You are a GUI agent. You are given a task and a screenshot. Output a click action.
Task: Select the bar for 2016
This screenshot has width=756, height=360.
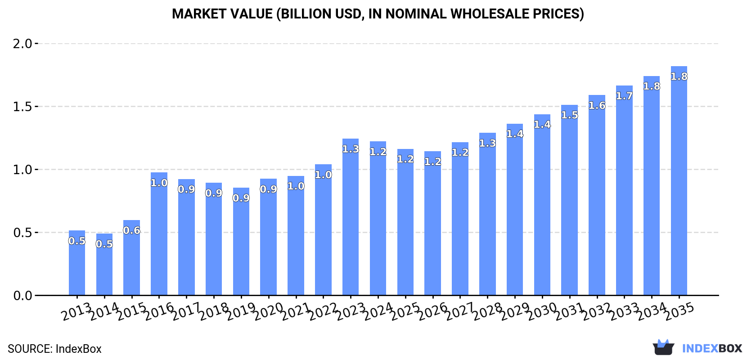(159, 238)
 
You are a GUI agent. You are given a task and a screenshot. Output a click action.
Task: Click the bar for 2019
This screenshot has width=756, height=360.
(241, 247)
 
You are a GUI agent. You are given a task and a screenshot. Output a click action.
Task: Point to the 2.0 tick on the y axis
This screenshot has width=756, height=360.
(22, 44)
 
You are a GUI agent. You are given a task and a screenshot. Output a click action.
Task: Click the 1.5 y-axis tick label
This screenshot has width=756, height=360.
(22, 107)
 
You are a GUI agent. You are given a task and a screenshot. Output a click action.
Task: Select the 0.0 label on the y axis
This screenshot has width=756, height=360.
(22, 296)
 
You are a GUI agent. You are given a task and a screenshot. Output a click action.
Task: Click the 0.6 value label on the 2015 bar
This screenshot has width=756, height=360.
(132, 230)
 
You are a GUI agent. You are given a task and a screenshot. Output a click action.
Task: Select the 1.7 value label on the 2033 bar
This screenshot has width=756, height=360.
(624, 96)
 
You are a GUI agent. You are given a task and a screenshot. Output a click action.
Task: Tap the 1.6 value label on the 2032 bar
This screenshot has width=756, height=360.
(597, 105)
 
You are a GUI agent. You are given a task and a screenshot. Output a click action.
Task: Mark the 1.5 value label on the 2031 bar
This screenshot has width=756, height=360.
(569, 115)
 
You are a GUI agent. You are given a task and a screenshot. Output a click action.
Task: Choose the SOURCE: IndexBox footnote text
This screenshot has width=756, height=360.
(54, 349)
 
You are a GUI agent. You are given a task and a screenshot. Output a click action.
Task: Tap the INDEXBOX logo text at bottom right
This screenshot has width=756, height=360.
(712, 348)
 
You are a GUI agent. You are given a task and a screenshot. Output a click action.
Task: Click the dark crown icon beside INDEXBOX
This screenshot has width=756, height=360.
(663, 347)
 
